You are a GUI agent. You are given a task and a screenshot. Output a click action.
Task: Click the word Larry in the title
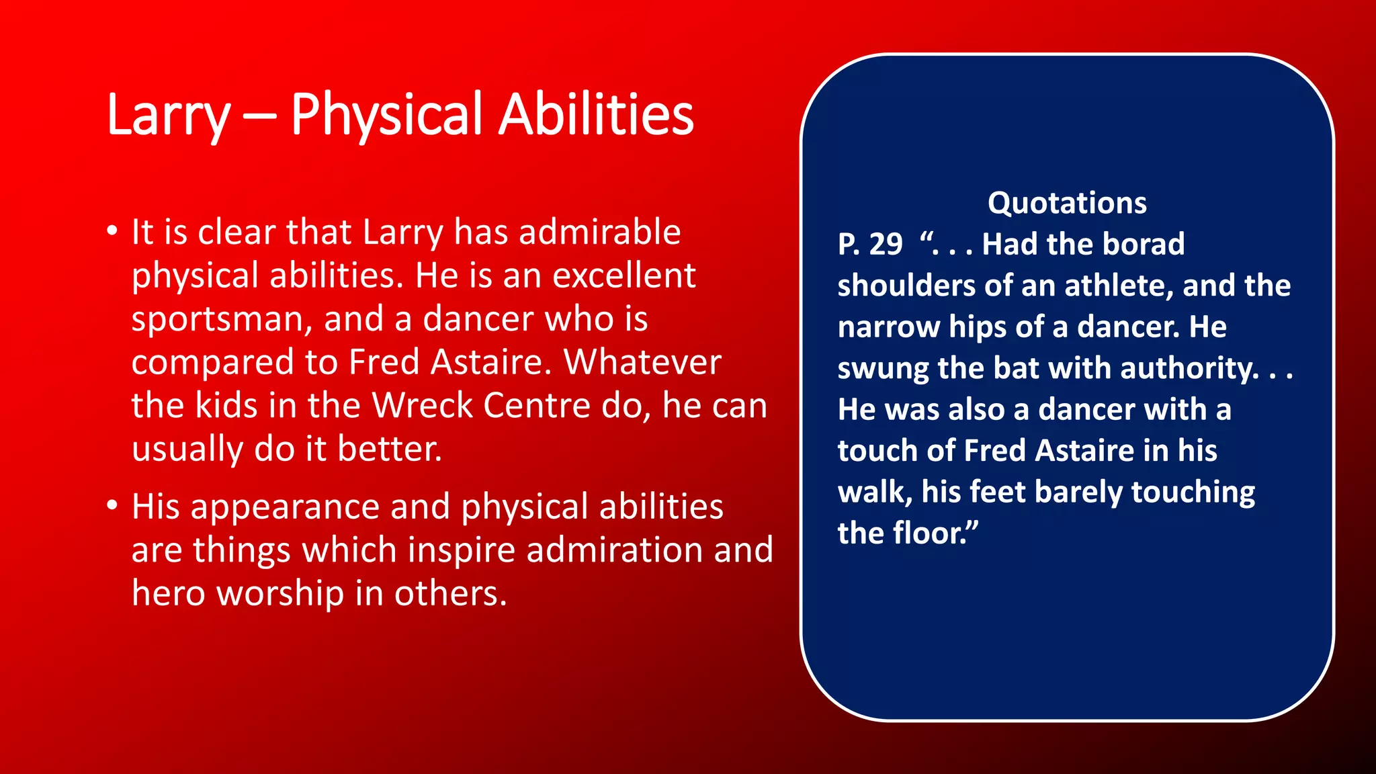click(x=169, y=116)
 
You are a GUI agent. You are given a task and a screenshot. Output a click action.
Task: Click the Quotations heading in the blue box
click(x=1067, y=203)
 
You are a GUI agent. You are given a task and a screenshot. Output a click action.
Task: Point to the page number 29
click(x=886, y=245)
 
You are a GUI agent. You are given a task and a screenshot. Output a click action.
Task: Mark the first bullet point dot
click(x=112, y=231)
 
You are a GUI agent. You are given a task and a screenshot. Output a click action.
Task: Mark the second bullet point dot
click(x=112, y=505)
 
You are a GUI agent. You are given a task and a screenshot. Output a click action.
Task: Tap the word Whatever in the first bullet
click(x=642, y=363)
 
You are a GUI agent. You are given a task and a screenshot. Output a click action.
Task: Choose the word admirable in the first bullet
click(x=599, y=232)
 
